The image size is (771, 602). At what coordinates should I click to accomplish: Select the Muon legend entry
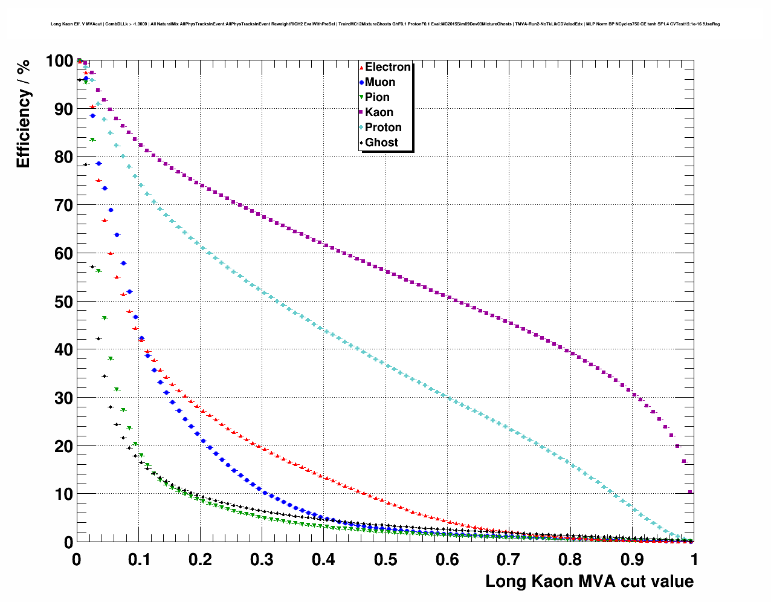380,82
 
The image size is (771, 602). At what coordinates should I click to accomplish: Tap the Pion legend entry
377,97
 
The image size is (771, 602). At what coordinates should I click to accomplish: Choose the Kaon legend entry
379,112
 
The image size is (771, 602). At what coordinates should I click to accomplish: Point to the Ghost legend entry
381,143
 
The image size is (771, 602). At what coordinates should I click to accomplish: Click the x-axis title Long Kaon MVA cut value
589,581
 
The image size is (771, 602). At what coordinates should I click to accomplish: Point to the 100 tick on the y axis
59,61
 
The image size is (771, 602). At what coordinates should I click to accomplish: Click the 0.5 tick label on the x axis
385,560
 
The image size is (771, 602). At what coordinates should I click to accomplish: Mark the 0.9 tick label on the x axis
633,560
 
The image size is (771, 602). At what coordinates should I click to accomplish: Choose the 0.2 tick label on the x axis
201,560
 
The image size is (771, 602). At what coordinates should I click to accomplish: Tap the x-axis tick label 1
694,560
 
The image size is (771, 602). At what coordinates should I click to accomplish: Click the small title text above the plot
385,24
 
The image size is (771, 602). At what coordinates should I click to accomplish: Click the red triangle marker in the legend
361,67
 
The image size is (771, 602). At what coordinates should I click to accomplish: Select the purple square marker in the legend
361,112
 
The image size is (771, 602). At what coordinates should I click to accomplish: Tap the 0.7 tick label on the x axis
509,560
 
